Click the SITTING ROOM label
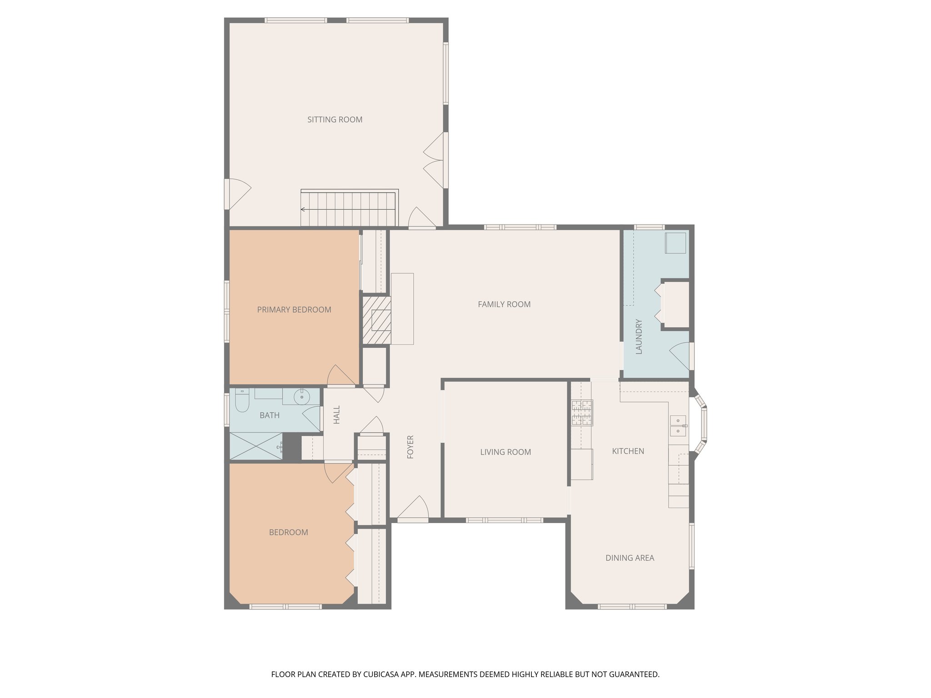[x=335, y=120]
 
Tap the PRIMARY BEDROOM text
[x=294, y=309]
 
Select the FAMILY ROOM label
[x=504, y=304]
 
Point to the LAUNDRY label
[x=639, y=337]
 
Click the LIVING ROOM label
[x=506, y=452]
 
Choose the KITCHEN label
[x=628, y=451]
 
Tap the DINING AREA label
[x=630, y=558]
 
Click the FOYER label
[x=410, y=447]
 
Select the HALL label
[x=337, y=415]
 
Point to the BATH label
[x=270, y=415]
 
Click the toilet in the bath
[x=242, y=399]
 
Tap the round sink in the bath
[x=301, y=397]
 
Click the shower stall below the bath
[x=256, y=446]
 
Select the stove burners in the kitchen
[x=582, y=413]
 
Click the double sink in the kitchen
[x=678, y=425]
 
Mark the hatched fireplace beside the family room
[x=377, y=320]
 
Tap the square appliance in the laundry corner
[x=676, y=243]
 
